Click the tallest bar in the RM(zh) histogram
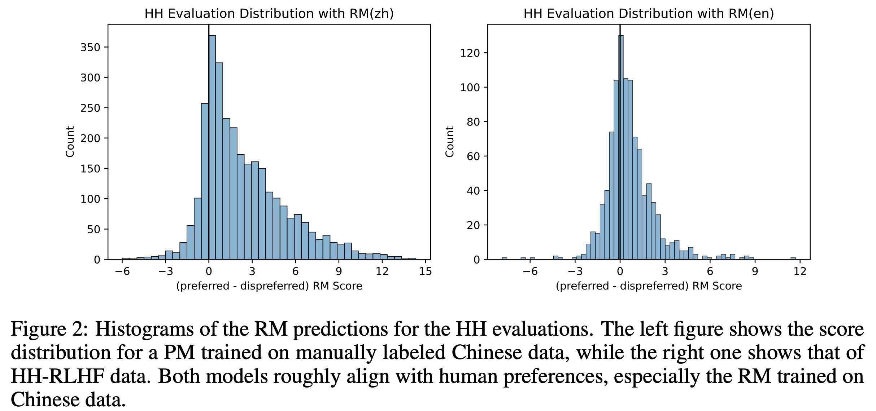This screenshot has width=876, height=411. [212, 148]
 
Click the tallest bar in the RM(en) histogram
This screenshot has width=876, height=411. [621, 148]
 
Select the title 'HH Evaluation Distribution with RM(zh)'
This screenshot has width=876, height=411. [269, 14]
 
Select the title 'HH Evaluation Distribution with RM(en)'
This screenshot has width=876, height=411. [649, 14]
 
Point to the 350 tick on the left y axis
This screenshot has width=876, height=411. [90, 48]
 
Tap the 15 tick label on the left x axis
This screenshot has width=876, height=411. [426, 271]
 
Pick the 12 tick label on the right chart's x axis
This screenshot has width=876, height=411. [800, 271]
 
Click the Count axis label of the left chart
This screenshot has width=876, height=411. [70, 142]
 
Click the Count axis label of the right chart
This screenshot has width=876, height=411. [449, 142]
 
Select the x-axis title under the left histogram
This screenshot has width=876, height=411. [269, 286]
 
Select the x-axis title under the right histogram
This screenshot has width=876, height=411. [649, 286]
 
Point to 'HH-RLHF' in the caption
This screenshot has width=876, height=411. [58, 376]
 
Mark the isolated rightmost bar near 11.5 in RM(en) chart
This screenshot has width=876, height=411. [793, 258]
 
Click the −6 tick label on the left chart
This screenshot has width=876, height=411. [122, 271]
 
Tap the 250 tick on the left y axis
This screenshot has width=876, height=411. [90, 108]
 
